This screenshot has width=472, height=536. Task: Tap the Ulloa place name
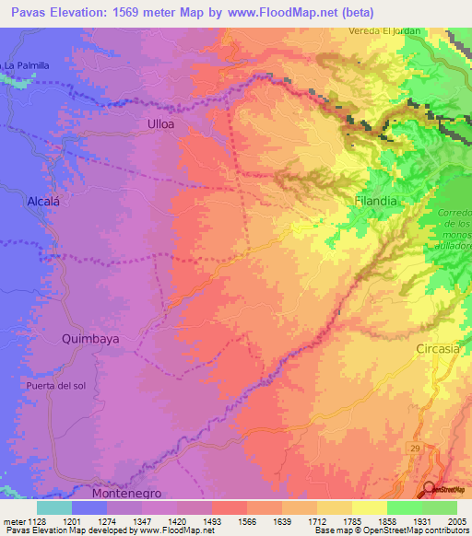pos(160,122)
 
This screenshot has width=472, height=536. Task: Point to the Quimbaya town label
pos(90,338)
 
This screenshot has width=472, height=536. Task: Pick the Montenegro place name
pos(127,493)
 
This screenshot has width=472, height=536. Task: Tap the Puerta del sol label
pos(56,385)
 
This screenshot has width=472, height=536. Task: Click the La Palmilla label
pos(26,65)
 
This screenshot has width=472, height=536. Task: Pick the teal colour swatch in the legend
pos(54,507)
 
